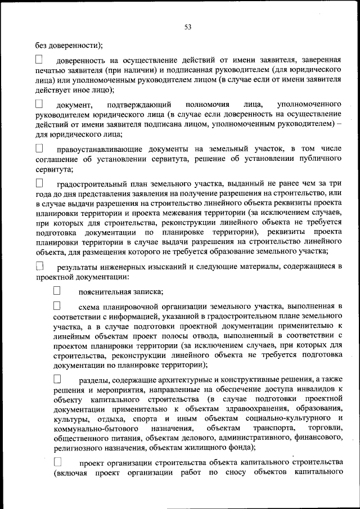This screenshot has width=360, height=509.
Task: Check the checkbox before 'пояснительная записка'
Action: click(57, 291)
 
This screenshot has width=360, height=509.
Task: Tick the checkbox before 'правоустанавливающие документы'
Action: click(39, 148)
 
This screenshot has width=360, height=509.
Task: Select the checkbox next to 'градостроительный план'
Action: click(39, 183)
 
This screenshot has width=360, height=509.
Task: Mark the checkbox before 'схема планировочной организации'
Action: click(57, 306)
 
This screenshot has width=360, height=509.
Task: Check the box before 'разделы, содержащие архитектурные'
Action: click(57, 379)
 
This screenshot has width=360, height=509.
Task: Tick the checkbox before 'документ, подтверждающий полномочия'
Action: click(39, 104)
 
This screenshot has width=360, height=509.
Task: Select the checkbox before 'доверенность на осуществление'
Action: click(39, 59)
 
